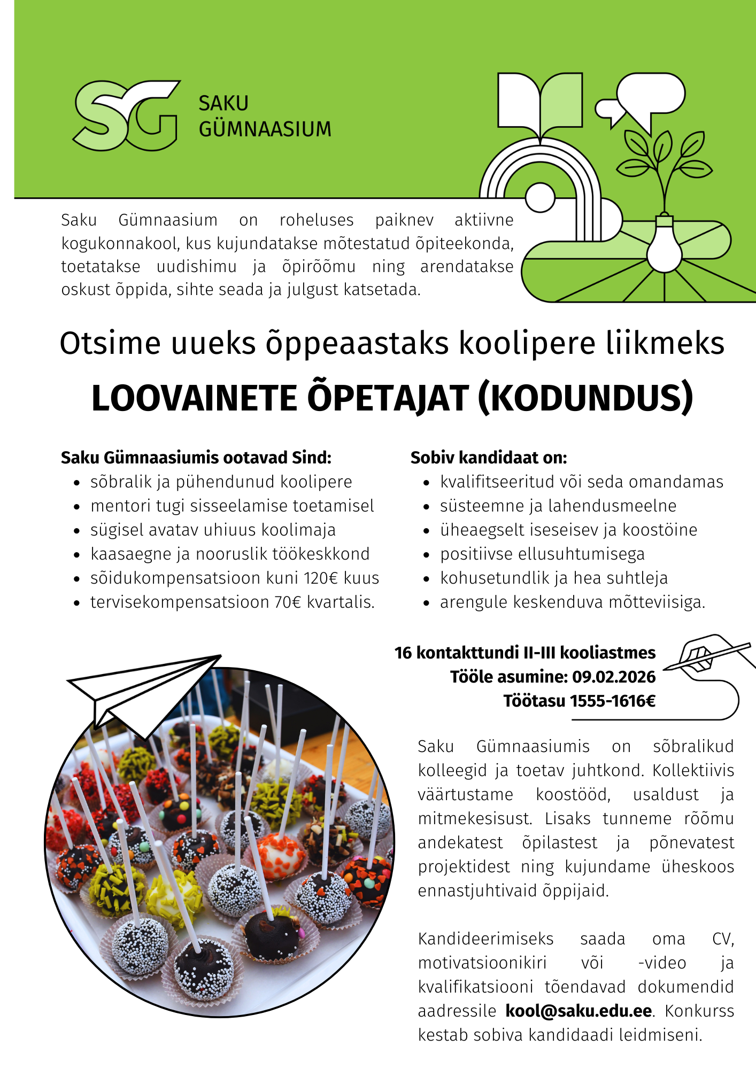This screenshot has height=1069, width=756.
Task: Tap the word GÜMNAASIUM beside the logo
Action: point(265,129)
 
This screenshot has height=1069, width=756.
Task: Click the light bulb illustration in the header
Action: point(665,245)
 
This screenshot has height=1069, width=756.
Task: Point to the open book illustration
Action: point(540,102)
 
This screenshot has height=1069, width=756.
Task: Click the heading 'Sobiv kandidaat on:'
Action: point(489,458)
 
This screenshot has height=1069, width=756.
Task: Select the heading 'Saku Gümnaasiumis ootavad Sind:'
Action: point(196,458)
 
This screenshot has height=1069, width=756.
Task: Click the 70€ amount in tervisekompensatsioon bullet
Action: point(288,602)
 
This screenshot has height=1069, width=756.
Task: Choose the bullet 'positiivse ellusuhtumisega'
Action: point(542,554)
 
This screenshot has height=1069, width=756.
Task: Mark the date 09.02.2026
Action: point(614,677)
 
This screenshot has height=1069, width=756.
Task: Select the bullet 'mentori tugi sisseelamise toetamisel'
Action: point(232,506)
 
